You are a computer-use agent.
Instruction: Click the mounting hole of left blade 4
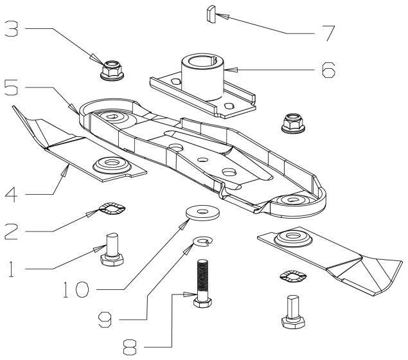coord(107,162)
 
